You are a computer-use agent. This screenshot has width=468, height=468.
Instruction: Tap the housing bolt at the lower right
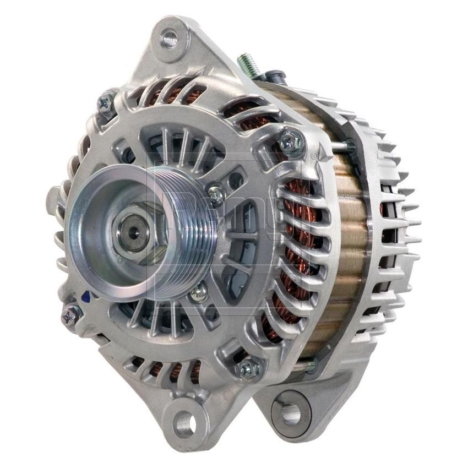coord(251,364)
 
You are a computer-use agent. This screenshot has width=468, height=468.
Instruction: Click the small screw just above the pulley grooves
coord(216,193)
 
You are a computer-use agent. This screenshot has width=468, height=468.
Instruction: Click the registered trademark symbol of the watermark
coord(314,156)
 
